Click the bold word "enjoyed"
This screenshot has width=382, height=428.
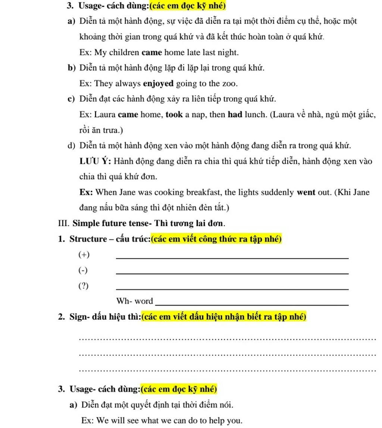pyautogui.click(x=158, y=83)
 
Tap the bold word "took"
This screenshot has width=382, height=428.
pyautogui.click(x=174, y=114)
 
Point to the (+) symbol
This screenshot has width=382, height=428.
pyautogui.click(x=84, y=255)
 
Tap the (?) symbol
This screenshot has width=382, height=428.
pyautogui.click(x=84, y=286)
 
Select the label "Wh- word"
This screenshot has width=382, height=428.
pyautogui.click(x=135, y=301)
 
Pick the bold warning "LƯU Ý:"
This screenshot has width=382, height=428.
pyautogui.click(x=95, y=161)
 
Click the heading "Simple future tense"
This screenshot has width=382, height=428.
pyautogui.click(x=108, y=223)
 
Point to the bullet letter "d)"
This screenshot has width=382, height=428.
pyautogui.click(x=72, y=146)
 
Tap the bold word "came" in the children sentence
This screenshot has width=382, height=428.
pyautogui.click(x=152, y=53)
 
